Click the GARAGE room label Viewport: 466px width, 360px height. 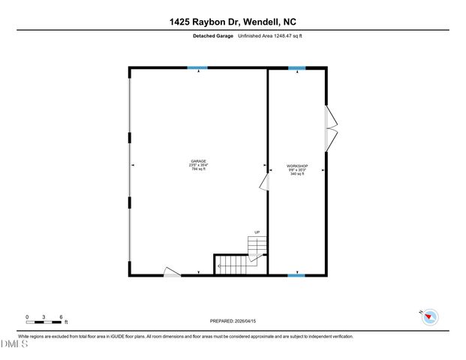tap(199, 161)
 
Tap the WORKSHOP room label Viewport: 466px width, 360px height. tap(297, 166)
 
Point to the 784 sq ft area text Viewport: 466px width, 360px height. tap(199, 169)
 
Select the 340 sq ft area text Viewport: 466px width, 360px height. tap(297, 174)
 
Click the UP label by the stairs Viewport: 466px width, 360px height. tap(257, 232)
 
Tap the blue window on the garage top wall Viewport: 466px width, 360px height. tap(197, 68)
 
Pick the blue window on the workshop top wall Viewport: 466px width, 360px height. tap(297, 68)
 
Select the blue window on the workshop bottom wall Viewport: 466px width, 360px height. tap(297, 275)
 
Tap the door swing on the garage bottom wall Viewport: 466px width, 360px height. tap(172, 271)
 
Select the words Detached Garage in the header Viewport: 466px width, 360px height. tap(213, 37)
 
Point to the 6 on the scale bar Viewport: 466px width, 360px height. tap(61, 316)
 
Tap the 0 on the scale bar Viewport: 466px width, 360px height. tap(27, 316)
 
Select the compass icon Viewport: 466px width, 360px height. tap(428, 316)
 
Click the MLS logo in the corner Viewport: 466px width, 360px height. tap(14, 343)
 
